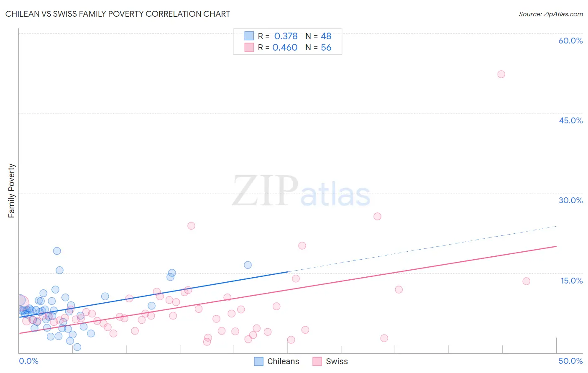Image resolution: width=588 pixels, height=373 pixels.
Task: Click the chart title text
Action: (x=118, y=14)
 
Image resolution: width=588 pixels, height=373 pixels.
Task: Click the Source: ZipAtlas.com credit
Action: (x=550, y=14)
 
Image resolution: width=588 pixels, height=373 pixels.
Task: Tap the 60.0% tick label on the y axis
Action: (x=570, y=41)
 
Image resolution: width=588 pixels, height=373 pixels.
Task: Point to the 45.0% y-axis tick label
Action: (x=570, y=120)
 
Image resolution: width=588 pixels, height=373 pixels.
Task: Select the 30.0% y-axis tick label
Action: (x=570, y=200)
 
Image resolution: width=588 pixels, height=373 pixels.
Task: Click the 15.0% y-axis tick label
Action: (x=571, y=281)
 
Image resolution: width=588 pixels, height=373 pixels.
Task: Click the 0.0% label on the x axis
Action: (x=28, y=361)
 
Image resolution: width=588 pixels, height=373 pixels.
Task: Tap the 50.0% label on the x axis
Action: (x=570, y=361)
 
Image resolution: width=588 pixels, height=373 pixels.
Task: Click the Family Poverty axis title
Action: (x=11, y=191)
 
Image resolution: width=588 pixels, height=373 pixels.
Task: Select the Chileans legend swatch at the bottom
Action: (x=259, y=361)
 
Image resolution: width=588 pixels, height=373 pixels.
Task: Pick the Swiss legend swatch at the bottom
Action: (x=317, y=361)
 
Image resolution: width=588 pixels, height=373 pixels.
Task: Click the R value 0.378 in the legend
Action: (x=286, y=36)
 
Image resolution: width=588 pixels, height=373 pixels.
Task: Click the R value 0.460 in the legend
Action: (x=285, y=48)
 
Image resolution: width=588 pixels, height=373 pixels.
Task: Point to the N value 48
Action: (x=326, y=36)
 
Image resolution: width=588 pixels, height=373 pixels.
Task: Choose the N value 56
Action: (x=326, y=48)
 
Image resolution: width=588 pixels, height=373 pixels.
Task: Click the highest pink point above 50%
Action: (x=501, y=74)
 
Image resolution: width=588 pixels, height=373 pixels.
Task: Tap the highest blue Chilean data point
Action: (x=57, y=251)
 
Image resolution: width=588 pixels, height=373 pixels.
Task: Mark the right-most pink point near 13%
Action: (x=526, y=281)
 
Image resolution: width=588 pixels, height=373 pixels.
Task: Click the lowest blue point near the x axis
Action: (x=77, y=347)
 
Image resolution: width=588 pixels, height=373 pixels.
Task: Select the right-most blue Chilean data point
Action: (x=248, y=265)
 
